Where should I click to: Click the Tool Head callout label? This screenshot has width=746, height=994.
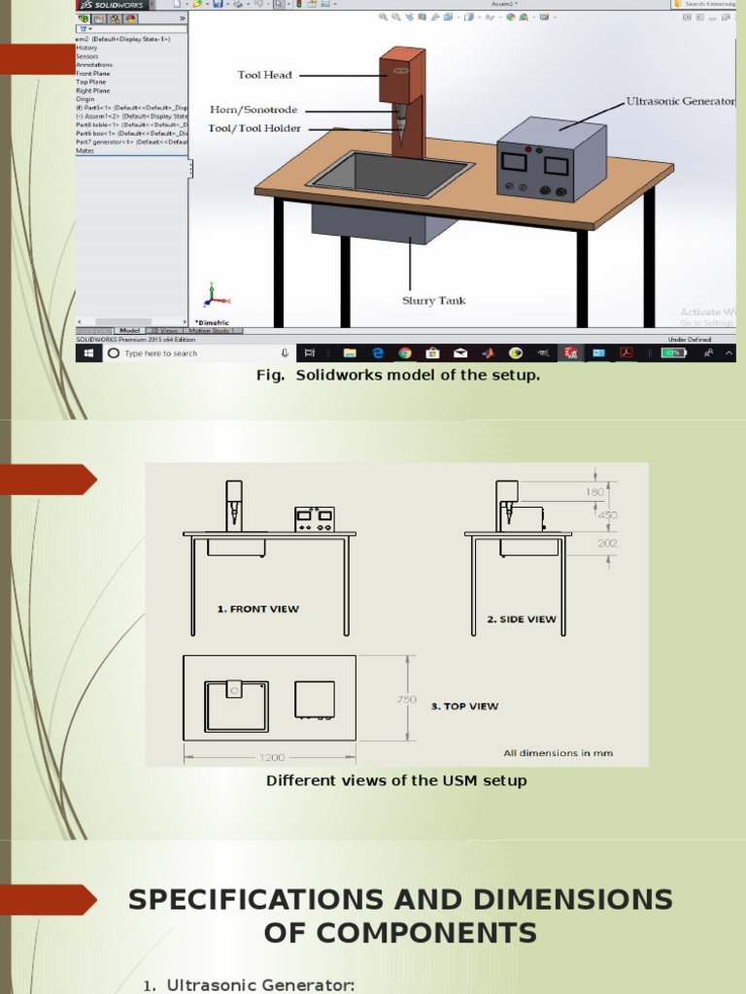pos(265,75)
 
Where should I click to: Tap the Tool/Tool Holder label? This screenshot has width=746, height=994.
pos(255,128)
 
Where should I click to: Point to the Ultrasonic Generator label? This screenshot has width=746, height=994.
pos(680,101)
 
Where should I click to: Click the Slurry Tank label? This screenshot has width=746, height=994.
pos(434,301)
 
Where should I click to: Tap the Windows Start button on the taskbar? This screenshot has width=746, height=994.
pos(87,353)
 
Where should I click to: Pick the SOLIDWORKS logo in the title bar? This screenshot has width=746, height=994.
pos(112,5)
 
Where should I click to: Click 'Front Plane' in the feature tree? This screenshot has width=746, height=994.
pos(93,74)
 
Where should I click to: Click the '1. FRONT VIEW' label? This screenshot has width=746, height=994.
pos(258,610)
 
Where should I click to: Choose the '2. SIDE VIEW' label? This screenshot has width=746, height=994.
pos(522,618)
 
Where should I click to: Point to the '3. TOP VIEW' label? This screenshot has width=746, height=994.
pos(464,707)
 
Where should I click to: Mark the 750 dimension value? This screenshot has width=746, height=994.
pos(406,699)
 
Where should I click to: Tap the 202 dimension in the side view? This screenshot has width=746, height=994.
pos(607,544)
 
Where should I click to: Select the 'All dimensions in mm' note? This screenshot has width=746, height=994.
pos(558,753)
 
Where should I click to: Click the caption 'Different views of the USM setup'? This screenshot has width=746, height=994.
pos(396,780)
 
